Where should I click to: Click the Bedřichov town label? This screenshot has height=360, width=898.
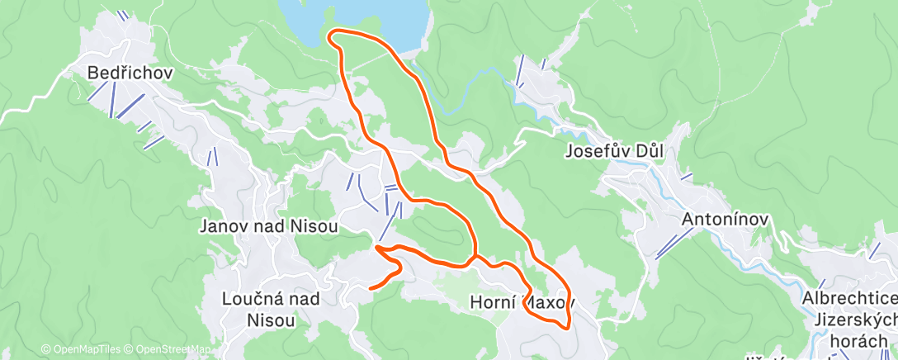[x=130, y=73]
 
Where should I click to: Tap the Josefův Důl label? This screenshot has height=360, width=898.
[x=615, y=151]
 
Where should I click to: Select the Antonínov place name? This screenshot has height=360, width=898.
[x=725, y=220]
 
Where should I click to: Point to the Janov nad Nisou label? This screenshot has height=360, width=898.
[x=269, y=226]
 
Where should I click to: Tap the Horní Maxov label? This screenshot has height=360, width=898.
[x=520, y=302]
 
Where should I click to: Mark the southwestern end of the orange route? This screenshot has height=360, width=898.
[x=370, y=288]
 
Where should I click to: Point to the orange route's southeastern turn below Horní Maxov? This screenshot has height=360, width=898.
[x=566, y=325]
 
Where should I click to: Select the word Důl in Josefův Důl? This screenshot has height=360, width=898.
[x=647, y=151]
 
